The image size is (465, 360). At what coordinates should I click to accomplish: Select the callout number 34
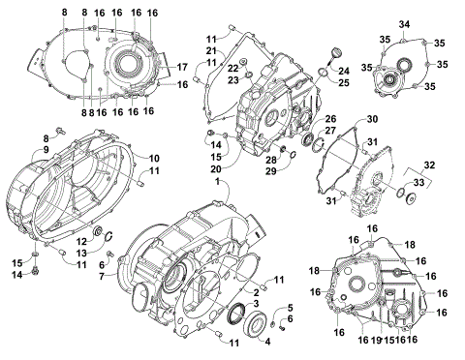click(405, 23)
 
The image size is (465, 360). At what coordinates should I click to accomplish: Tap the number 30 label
click(372, 120)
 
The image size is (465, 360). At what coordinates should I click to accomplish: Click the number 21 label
click(210, 50)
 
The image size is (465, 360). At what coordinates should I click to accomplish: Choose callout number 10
click(155, 158)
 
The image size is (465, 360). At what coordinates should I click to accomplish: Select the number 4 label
click(267, 339)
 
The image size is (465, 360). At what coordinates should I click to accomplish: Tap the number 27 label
click(330, 131)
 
